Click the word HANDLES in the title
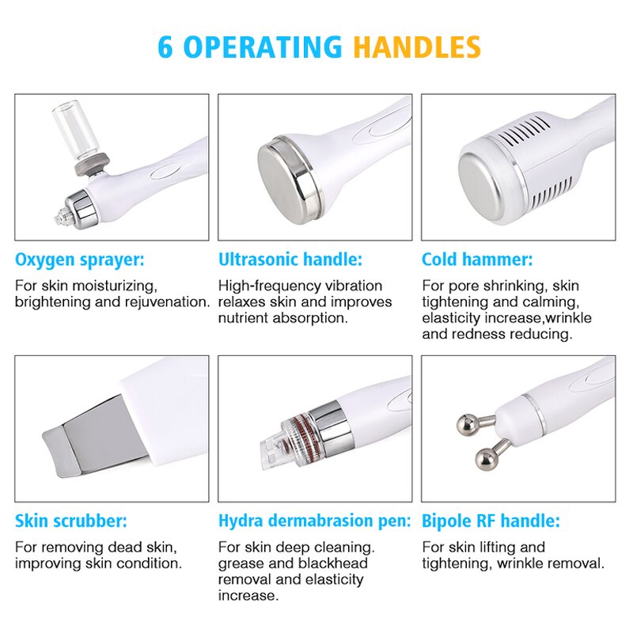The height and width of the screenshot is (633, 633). pyautogui.click(x=416, y=47)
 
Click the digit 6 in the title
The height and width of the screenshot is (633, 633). pyautogui.click(x=165, y=47)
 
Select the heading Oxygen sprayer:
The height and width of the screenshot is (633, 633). pyautogui.click(x=80, y=260)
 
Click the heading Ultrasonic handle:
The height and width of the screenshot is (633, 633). pyautogui.click(x=290, y=260)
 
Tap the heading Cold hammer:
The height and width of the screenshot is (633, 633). pyautogui.click(x=476, y=260)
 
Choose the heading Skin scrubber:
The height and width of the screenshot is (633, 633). pyautogui.click(x=70, y=521)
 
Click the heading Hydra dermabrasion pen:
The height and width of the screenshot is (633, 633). pyautogui.click(x=314, y=521)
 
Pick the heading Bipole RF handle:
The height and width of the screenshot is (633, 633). pyautogui.click(x=491, y=521)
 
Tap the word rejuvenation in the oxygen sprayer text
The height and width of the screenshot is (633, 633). pyautogui.click(x=171, y=302)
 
